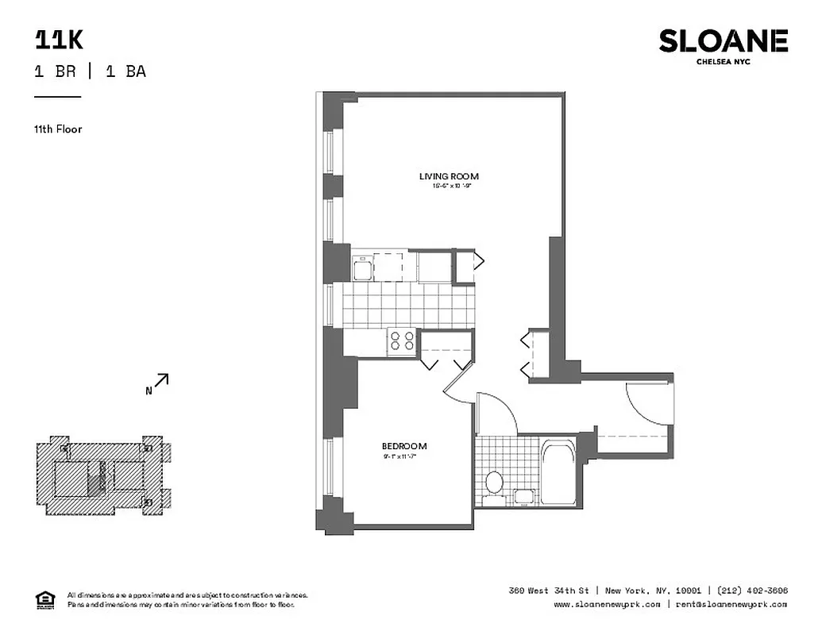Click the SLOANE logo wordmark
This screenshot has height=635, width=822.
click(x=723, y=41)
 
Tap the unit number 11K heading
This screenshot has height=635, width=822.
click(x=59, y=40)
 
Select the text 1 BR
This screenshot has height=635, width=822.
click(x=56, y=71)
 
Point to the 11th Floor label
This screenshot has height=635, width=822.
click(x=58, y=129)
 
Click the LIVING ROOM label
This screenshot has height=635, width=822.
click(x=449, y=176)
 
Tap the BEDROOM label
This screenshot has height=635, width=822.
click(x=404, y=446)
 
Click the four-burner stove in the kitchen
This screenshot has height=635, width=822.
click(x=403, y=341)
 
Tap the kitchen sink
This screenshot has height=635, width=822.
click(x=363, y=268)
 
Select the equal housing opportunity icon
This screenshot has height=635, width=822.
click(x=44, y=598)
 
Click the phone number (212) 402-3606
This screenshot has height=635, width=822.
click(x=752, y=591)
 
